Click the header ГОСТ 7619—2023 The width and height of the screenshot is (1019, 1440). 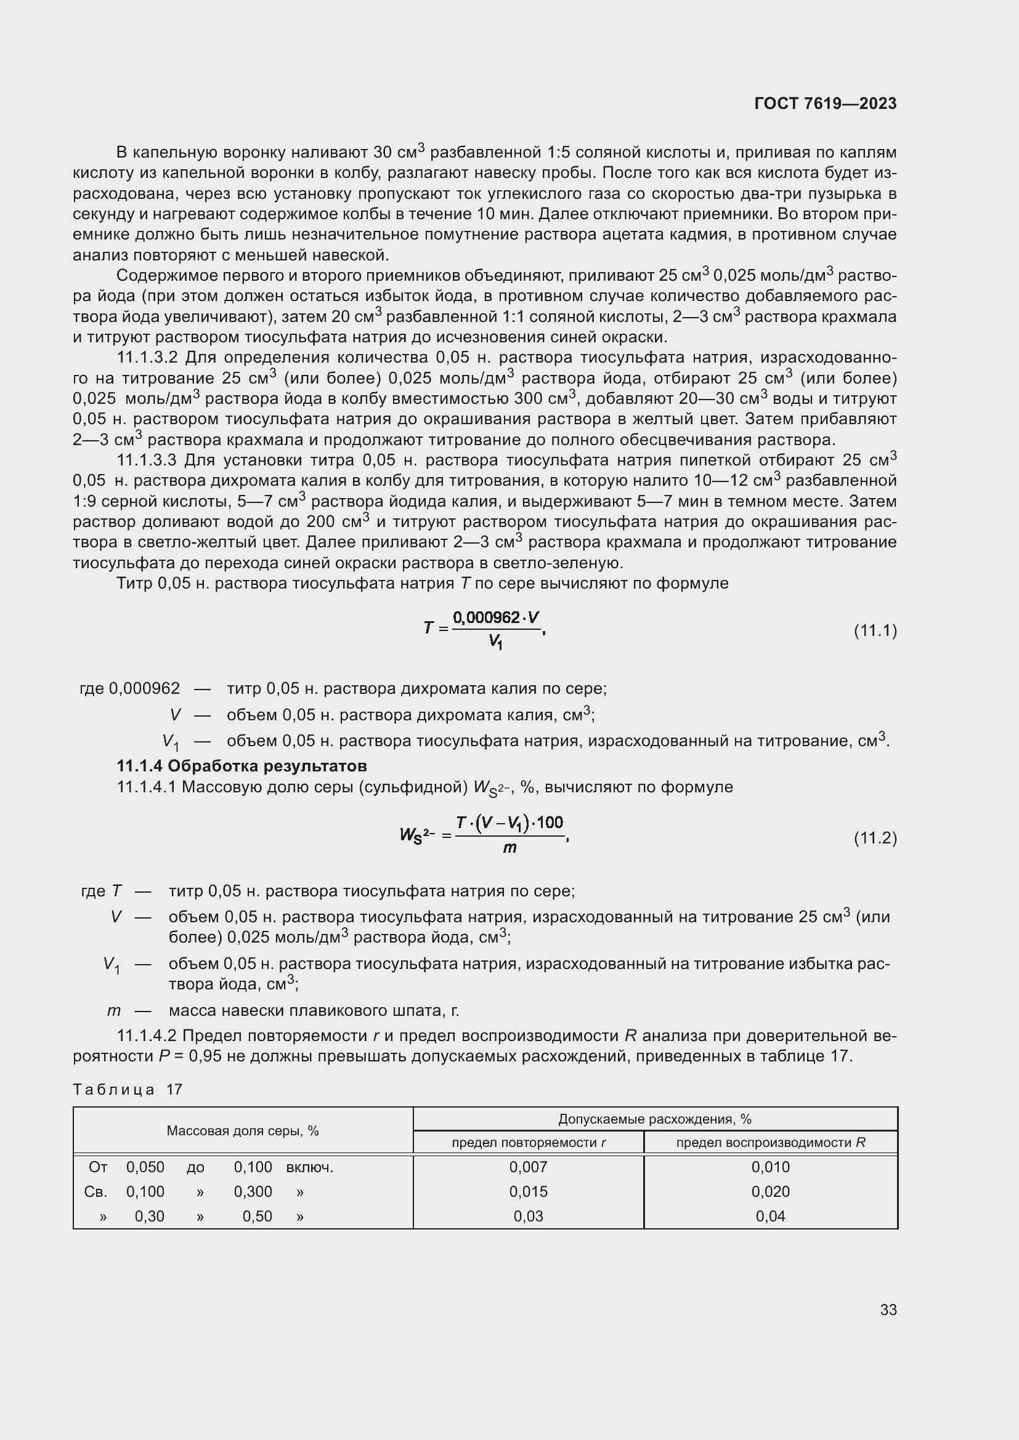coord(825,103)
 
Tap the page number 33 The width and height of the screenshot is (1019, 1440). coord(888,1309)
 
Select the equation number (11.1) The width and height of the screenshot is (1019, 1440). coord(875,630)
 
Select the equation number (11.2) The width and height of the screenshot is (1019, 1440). coord(875,838)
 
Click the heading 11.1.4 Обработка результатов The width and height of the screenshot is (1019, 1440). coord(242,766)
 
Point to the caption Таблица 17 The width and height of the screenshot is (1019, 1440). coord(128,1090)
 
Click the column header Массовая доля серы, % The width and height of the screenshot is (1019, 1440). coord(243,1131)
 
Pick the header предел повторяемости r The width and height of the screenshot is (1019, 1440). coord(529,1143)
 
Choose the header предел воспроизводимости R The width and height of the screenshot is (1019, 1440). coord(771,1143)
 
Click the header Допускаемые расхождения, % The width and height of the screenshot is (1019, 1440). coord(654,1119)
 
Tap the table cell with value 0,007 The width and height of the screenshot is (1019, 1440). coord(529,1167)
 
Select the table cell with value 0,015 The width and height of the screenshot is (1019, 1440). coord(529,1192)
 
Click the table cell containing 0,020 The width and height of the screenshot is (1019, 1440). coord(771,1192)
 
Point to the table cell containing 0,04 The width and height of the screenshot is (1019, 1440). coord(771,1216)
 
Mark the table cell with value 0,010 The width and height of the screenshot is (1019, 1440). coord(771,1167)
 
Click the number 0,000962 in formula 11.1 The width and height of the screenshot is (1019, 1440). coord(486,617)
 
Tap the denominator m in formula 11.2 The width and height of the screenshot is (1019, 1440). coord(509,848)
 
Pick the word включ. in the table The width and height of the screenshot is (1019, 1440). coord(309,1167)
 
